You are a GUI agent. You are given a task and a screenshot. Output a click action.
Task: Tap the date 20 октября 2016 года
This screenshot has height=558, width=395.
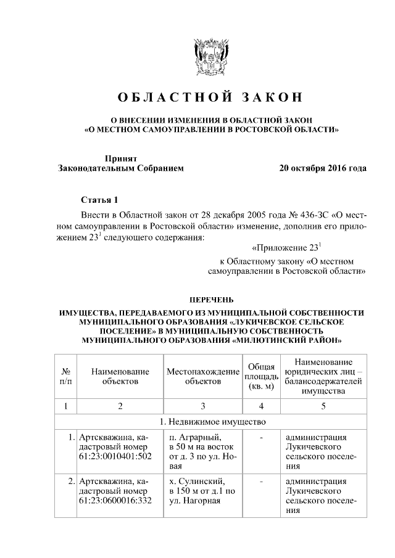pos(322,168)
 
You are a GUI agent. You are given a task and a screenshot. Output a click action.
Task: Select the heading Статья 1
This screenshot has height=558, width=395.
pos(99,200)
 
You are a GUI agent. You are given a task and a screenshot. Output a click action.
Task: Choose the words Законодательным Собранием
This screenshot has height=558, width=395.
pos(121,168)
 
